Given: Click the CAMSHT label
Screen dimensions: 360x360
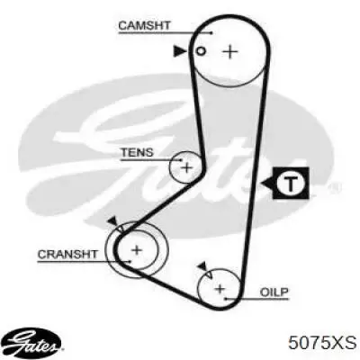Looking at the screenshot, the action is point(144,25).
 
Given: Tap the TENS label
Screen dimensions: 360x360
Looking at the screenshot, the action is point(137,152).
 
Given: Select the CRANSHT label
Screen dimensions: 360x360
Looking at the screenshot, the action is point(67,255).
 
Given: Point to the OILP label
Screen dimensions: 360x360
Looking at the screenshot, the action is point(274,292).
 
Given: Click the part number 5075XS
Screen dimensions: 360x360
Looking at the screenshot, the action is point(322,342).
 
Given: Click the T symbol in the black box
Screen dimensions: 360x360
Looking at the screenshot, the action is point(291,183).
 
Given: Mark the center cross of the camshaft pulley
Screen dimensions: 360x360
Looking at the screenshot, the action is point(230,52).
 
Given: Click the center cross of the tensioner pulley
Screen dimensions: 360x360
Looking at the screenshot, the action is point(186,167).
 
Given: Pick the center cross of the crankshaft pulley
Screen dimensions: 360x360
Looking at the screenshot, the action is point(137,249).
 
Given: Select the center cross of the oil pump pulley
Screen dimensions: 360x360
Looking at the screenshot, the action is point(220,289).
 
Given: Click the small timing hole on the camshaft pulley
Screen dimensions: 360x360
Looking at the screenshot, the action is point(201,51).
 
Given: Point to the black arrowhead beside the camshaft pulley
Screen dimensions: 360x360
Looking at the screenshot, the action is point(180,51).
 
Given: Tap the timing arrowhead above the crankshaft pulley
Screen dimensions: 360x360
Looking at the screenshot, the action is point(112,222).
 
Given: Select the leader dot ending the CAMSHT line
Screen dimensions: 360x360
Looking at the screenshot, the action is point(211,32).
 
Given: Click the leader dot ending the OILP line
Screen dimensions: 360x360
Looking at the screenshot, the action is point(226,299).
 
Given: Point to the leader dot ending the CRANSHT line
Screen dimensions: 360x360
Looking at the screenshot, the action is point(130,262).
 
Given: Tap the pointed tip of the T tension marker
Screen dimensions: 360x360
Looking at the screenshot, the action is point(262,183).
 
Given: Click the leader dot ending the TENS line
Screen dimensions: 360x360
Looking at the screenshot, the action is point(181,160).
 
